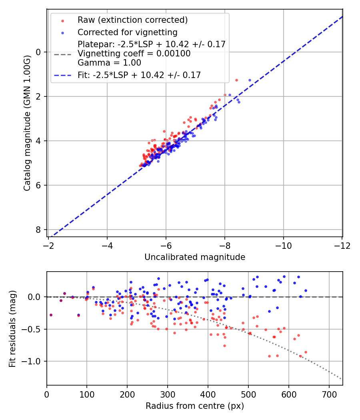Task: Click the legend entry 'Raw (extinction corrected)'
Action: [x=132, y=20]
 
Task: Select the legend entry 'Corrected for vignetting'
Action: [x=127, y=32]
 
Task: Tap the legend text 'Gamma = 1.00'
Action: [x=109, y=62]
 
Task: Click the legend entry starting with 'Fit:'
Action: [x=139, y=75]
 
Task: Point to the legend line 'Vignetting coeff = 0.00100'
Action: [x=134, y=54]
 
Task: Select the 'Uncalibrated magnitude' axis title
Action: [x=194, y=257]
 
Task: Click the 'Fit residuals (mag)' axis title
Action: [x=12, y=329]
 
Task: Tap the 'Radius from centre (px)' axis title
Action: [x=194, y=406]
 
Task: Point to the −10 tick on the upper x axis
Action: [x=283, y=245]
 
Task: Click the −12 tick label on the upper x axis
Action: [x=342, y=245]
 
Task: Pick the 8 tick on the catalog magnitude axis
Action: [x=38, y=230]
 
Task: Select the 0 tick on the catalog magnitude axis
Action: [x=38, y=52]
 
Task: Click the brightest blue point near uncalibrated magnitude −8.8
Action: [x=250, y=80]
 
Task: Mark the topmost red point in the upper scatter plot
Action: [x=236, y=80]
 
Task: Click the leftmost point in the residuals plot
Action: [x=51, y=315]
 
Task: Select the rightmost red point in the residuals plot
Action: [x=306, y=352]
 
